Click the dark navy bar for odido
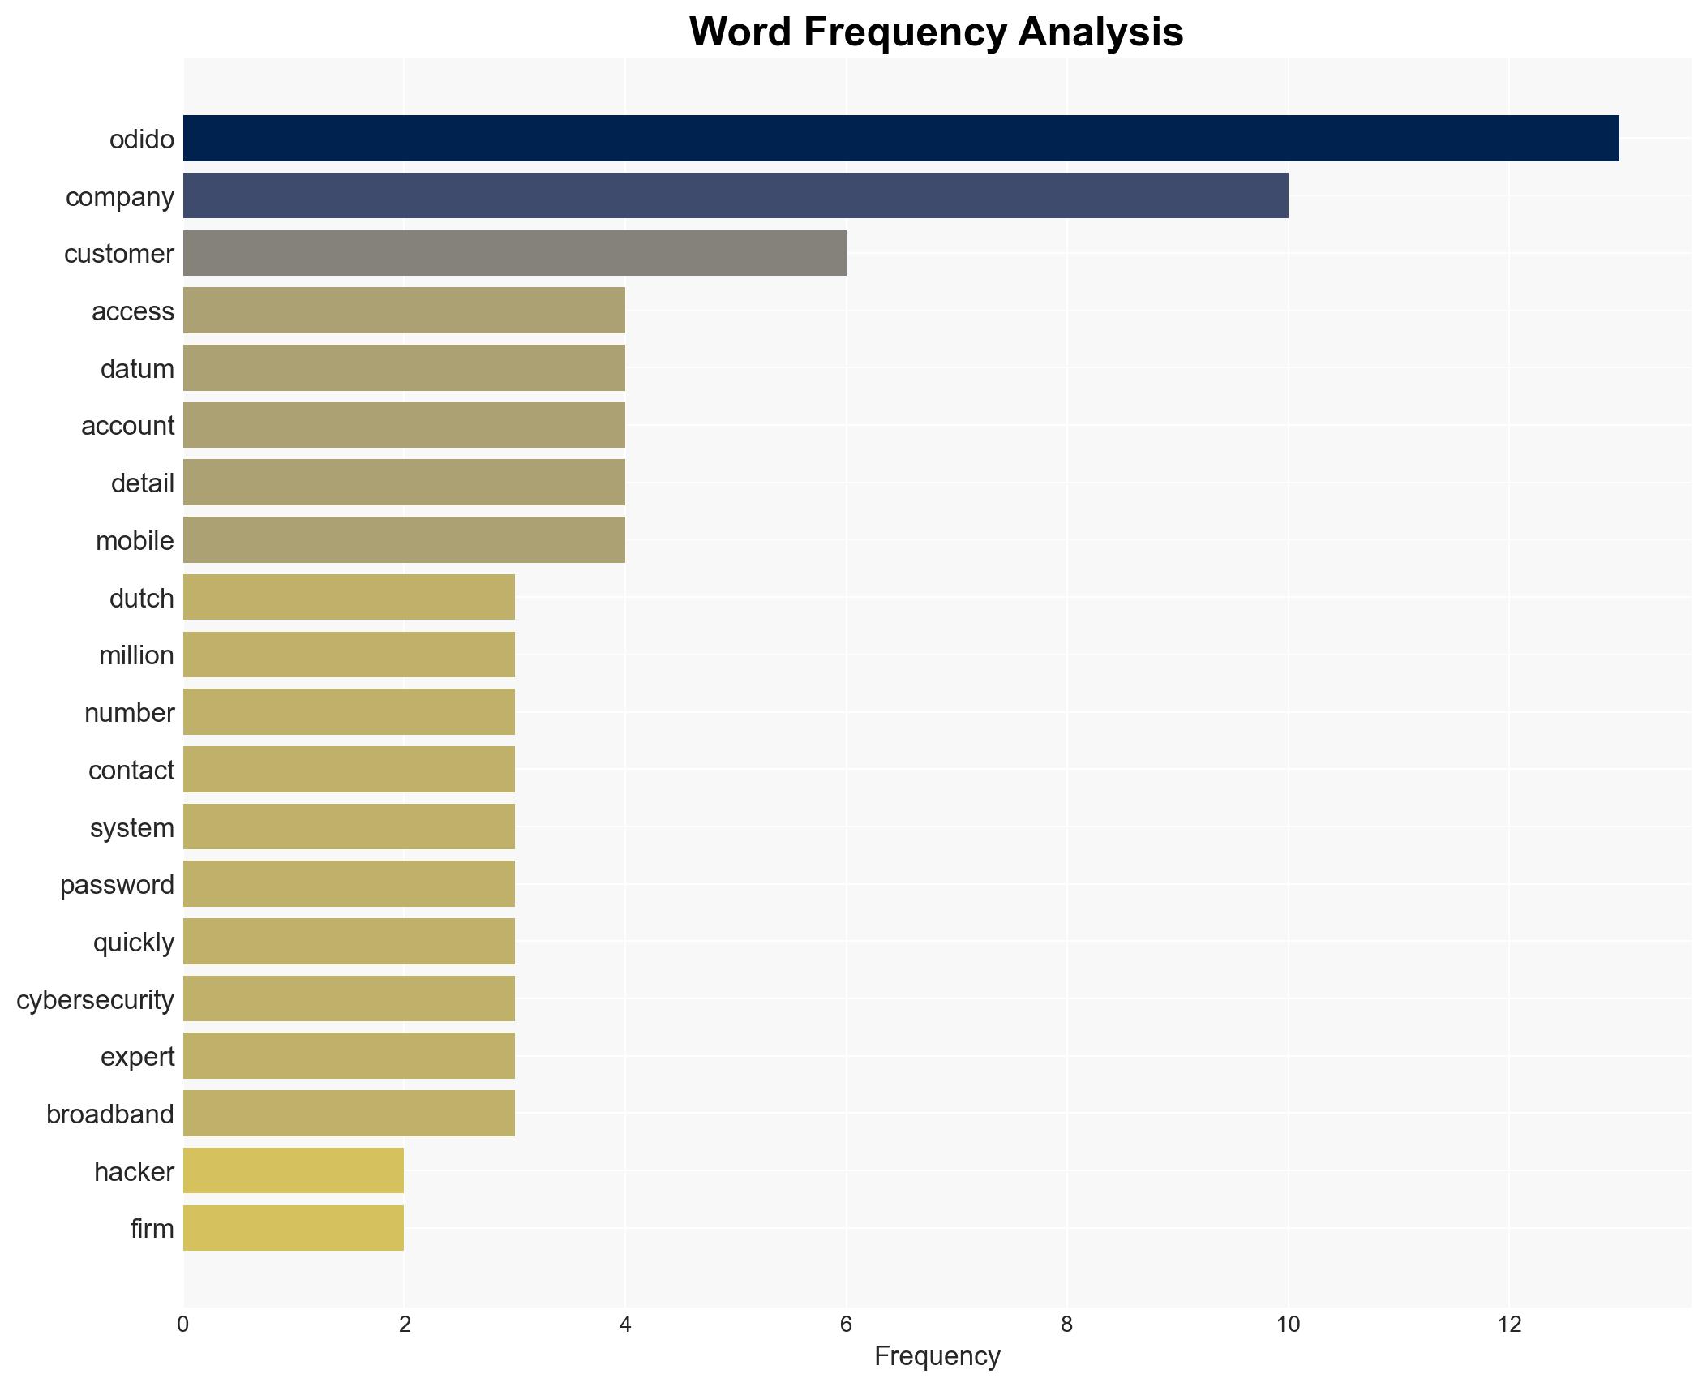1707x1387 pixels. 900,139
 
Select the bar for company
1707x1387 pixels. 735,196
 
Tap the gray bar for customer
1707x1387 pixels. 514,253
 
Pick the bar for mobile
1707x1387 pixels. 404,540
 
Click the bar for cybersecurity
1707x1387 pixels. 349,998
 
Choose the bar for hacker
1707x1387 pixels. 294,1170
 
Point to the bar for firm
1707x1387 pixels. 294,1228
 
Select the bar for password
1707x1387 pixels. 349,884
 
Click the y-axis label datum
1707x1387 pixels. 137,369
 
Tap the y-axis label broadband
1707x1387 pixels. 110,1114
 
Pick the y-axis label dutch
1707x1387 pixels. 141,599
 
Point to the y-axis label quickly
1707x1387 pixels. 134,943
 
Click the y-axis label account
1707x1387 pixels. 127,426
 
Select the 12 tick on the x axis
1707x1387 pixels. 1508,1325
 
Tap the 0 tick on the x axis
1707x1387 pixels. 183,1325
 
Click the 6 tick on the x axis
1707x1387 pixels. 846,1325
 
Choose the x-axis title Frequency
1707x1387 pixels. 937,1356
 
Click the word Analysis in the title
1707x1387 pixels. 1100,32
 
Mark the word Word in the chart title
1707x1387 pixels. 740,32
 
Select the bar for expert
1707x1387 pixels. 349,1056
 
